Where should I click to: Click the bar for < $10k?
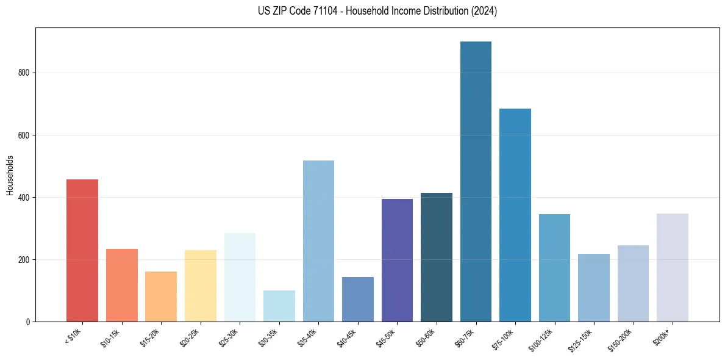coord(82,250)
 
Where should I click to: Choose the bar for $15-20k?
coord(161,297)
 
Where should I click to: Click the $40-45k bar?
coord(358,299)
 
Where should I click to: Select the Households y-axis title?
coord(10,175)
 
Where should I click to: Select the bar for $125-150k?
coord(594,287)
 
